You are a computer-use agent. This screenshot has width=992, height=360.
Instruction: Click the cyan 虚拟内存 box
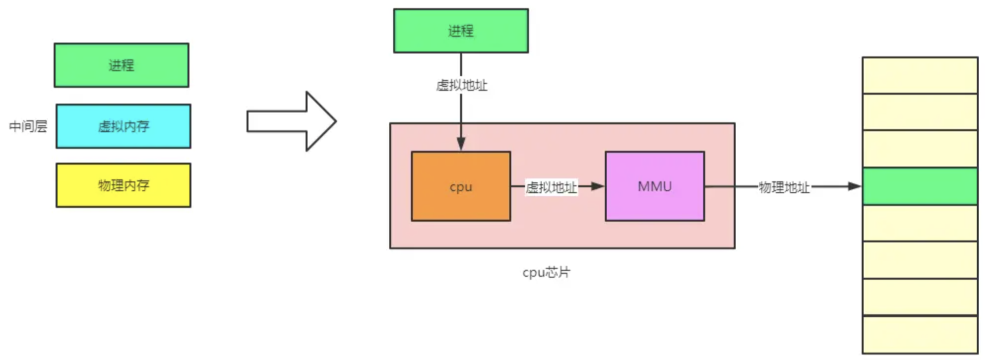click(x=123, y=126)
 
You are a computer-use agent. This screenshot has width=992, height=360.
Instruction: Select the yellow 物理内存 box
click(x=123, y=185)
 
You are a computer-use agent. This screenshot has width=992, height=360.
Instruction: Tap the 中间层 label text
click(x=28, y=126)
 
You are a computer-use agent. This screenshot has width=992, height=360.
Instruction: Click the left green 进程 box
click(x=121, y=65)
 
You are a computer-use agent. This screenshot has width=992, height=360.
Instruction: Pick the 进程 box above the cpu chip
click(x=461, y=31)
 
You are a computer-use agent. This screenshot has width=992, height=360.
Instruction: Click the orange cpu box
click(x=461, y=186)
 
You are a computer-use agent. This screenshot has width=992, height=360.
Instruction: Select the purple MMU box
click(x=654, y=186)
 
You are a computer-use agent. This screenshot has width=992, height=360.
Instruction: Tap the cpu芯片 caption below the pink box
click(x=546, y=272)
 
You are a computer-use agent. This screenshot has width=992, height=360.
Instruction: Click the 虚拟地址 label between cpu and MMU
click(x=551, y=187)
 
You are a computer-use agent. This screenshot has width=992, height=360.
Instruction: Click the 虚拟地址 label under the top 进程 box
click(x=462, y=86)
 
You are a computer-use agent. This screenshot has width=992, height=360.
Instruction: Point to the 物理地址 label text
click(x=784, y=187)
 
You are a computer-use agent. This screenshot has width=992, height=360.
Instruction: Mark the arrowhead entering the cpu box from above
click(x=461, y=144)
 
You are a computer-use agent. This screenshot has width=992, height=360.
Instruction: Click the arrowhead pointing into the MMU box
click(x=597, y=186)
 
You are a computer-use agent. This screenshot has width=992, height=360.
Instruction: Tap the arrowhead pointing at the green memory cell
click(x=854, y=186)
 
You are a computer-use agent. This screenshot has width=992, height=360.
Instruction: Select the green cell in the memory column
click(x=920, y=186)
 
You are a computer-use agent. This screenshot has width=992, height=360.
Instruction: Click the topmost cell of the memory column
click(x=920, y=75)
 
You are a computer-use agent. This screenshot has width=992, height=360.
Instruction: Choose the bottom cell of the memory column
click(x=920, y=335)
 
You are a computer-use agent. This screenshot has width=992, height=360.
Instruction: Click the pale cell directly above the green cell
click(x=920, y=149)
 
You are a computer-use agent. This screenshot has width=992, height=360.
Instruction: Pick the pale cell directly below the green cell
click(x=920, y=223)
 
